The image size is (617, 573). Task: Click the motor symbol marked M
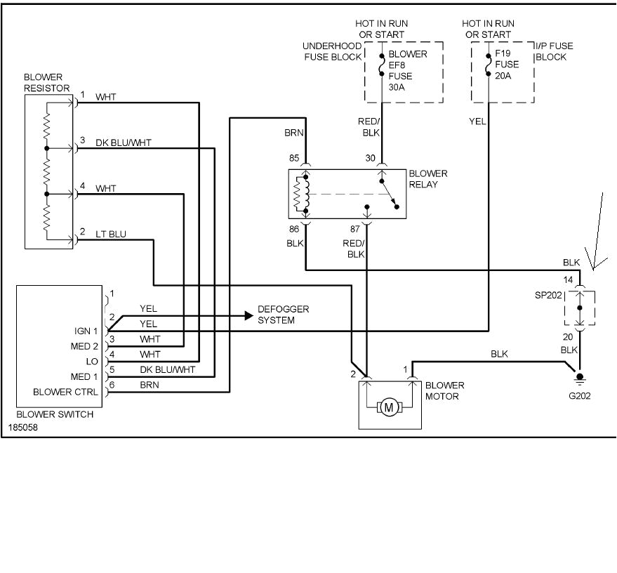coord(389,407)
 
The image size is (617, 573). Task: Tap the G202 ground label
coord(580,395)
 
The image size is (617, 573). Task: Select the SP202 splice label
coord(547,296)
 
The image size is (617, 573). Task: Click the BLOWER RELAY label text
coord(428,179)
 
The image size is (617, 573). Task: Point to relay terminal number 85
coord(294,159)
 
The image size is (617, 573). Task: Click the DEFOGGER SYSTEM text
coord(283,315)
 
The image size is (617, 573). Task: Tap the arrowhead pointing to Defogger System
coord(248,315)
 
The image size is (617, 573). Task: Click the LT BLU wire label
coord(111,234)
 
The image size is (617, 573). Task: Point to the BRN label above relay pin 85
coord(294,132)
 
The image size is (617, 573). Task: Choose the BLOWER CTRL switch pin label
coord(66,392)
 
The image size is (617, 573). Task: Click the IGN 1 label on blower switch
coord(85,331)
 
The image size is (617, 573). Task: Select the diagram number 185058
coord(23,426)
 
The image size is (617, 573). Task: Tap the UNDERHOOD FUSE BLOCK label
coord(332,51)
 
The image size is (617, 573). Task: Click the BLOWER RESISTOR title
coord(47,82)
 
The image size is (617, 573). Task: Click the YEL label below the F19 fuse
coord(478,121)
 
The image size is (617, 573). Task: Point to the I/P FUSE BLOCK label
coord(554,51)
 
